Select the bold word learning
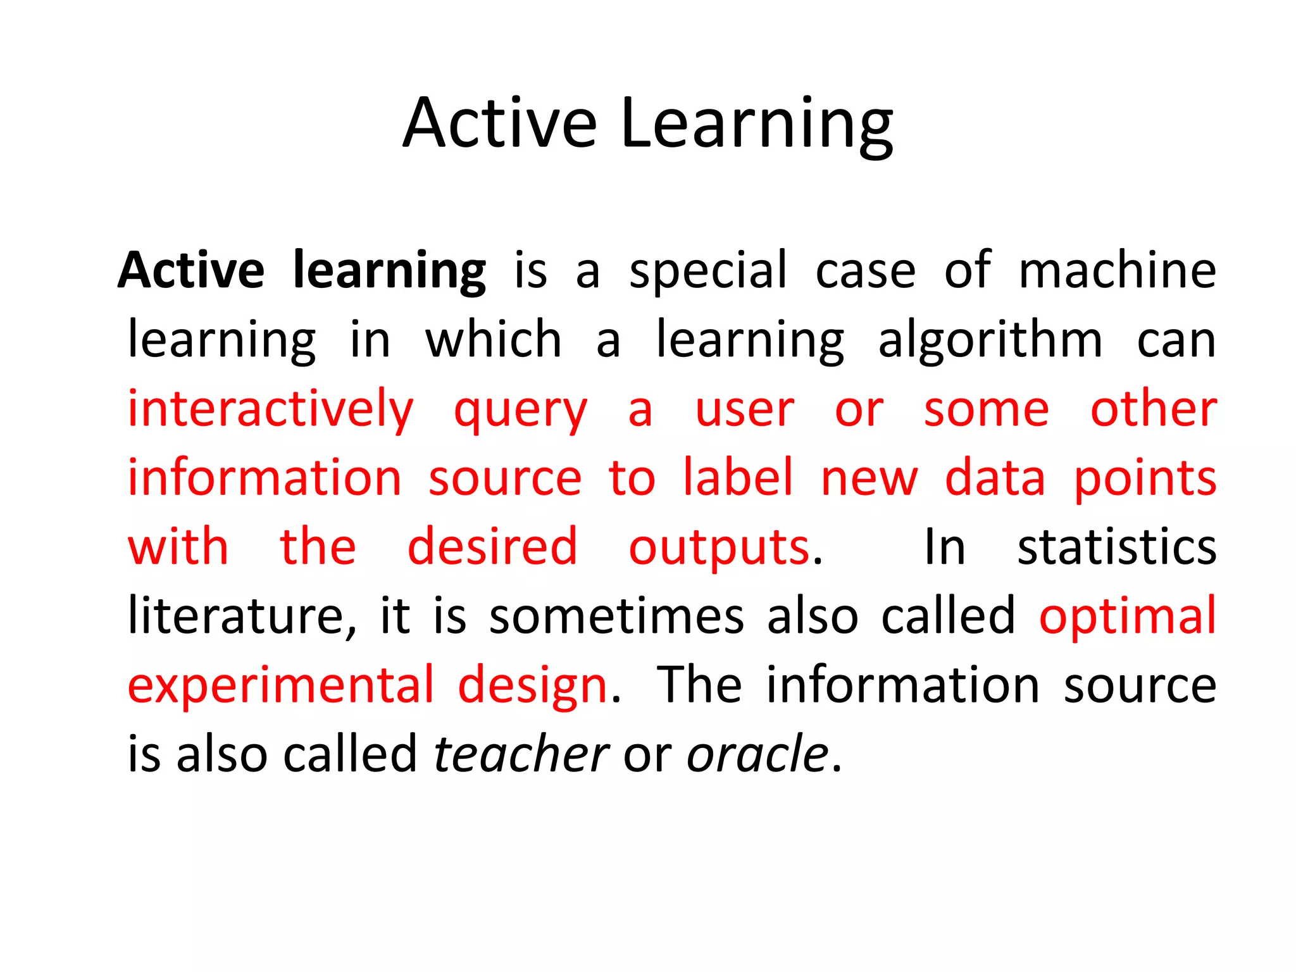coord(389,272)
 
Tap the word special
coord(708,272)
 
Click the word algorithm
coord(990,340)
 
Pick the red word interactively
coord(271,410)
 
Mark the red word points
coord(1145,480)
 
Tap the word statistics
coord(1116,547)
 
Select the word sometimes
coord(617,616)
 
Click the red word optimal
coord(1128,617)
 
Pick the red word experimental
coord(282,687)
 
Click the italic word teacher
coord(520,754)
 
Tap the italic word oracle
coord(757,754)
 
